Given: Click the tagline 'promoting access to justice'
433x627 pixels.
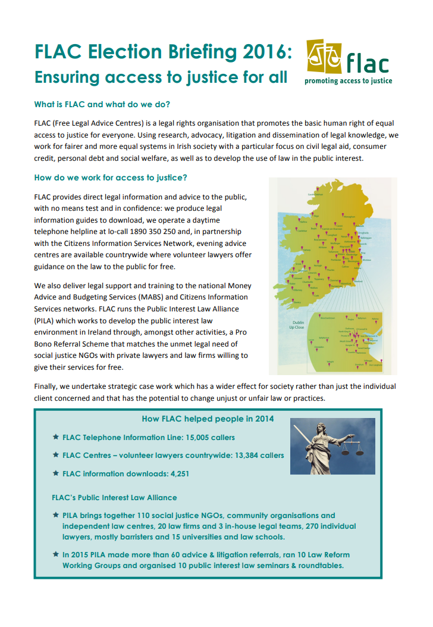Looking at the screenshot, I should [348, 80].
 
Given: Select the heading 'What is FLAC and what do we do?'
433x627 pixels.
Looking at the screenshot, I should [102, 105].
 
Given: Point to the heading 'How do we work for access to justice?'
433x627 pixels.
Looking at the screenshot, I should [112, 177].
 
